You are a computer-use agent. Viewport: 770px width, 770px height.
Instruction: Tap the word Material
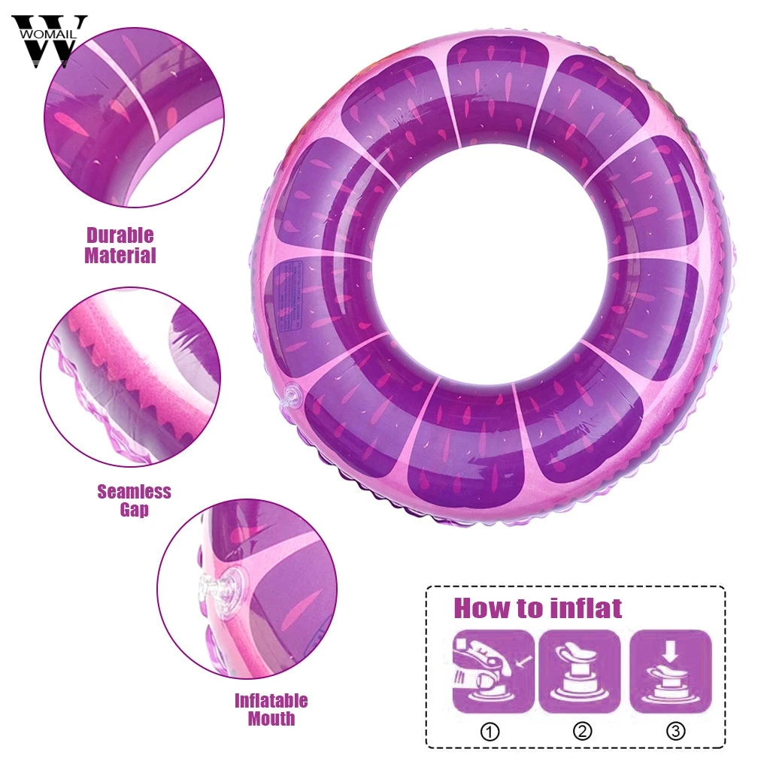(x=120, y=256)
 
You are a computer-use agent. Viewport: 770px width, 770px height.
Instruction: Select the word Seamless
(x=134, y=493)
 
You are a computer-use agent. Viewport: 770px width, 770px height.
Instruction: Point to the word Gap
(x=134, y=511)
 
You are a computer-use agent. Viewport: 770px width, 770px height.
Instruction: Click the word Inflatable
(x=271, y=701)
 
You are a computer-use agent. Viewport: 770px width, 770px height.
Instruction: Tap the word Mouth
(x=271, y=719)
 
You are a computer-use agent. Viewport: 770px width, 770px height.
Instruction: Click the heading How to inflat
(x=537, y=608)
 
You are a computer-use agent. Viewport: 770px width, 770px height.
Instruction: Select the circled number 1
(x=490, y=731)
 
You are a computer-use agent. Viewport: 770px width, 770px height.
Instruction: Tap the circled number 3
(x=675, y=731)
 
